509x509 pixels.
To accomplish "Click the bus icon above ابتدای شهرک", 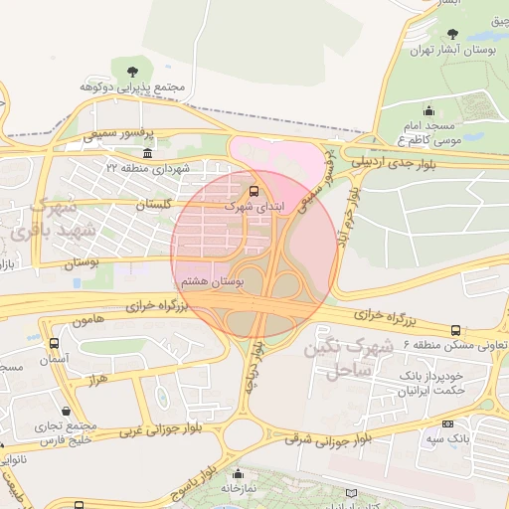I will (254, 189).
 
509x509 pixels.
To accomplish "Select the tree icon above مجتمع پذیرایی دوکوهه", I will (131, 68).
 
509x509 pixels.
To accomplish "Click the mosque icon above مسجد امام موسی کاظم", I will (428, 110).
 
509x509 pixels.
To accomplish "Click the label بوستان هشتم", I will (222, 281).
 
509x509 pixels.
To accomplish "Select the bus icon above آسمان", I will (54, 343).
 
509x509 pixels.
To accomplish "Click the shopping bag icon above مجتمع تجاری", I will (66, 410).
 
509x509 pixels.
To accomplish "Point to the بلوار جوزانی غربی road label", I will (160, 427).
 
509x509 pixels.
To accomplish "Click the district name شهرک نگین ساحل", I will (354, 358).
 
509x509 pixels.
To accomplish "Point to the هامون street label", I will (88, 322).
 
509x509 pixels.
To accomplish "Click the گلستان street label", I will (153, 204).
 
